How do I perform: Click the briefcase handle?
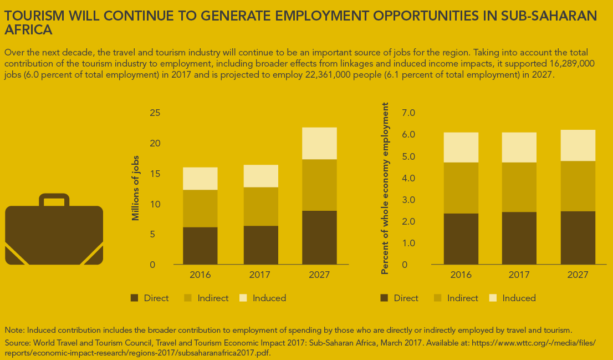click(54, 197)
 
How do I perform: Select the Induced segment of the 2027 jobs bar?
click(319, 143)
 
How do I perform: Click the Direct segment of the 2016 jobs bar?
click(200, 245)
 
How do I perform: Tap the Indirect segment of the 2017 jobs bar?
click(260, 206)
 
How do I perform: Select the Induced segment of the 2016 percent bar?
click(461, 147)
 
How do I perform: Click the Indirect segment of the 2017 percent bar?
click(519, 187)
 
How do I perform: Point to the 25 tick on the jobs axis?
click(155, 113)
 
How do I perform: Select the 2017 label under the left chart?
click(260, 275)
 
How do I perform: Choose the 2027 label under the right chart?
click(578, 275)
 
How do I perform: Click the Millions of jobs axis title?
click(135, 189)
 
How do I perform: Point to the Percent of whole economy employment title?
click(385, 189)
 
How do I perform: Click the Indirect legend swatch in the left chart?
click(188, 298)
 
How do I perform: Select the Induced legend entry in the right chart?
click(519, 298)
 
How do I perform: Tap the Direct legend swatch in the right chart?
click(385, 298)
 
